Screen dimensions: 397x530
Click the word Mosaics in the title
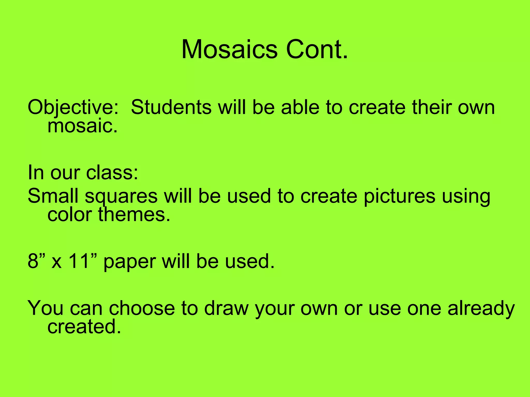point(229,50)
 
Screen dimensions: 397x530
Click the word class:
point(112,172)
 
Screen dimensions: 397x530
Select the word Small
point(53,196)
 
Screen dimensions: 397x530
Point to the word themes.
point(134,215)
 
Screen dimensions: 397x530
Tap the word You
point(46,308)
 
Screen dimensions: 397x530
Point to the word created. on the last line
point(84,327)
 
